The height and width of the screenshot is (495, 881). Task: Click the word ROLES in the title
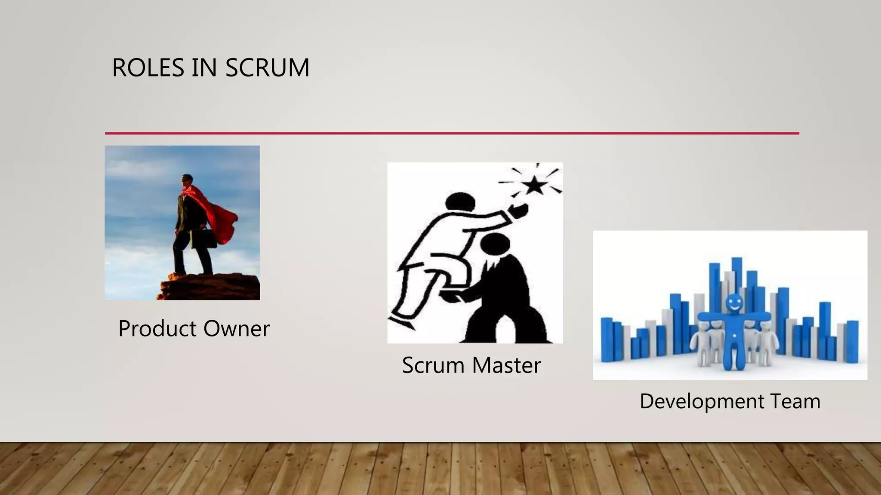pos(148,68)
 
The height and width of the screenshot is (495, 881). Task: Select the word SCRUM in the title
pos(267,68)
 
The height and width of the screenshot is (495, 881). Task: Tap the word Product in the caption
pos(157,329)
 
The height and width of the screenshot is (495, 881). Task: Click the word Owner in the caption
pos(236,329)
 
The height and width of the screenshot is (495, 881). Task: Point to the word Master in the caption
pos(506,366)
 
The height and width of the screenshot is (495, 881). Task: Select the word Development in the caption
pos(701,402)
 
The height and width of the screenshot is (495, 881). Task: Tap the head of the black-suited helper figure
pos(495,244)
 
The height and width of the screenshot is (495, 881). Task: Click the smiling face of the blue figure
pos(734,303)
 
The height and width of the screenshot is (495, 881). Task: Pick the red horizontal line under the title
pos(452,133)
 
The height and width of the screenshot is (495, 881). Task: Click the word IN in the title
pos(204,68)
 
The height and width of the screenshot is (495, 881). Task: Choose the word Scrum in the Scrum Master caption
pos(433,366)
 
